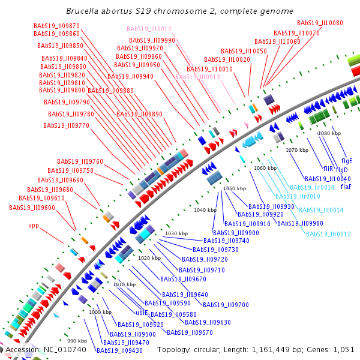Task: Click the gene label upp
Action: coord(37,226)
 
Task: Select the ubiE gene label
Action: coord(142,313)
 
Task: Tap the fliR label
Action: coord(328,169)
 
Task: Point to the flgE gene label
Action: coord(347,161)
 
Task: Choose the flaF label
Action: coord(346,187)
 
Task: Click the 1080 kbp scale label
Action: coord(329,133)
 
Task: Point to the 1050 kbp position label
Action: coord(235,188)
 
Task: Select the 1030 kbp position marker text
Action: coord(176,233)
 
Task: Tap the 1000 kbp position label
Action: coord(101,312)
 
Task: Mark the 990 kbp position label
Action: coord(76,341)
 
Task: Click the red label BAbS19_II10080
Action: coord(324,23)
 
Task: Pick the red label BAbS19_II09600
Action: coord(32,208)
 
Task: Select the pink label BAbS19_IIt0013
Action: coord(197,77)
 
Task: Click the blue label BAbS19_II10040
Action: coord(328,178)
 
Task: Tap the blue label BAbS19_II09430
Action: coord(119,350)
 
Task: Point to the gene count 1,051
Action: coord(344,349)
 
